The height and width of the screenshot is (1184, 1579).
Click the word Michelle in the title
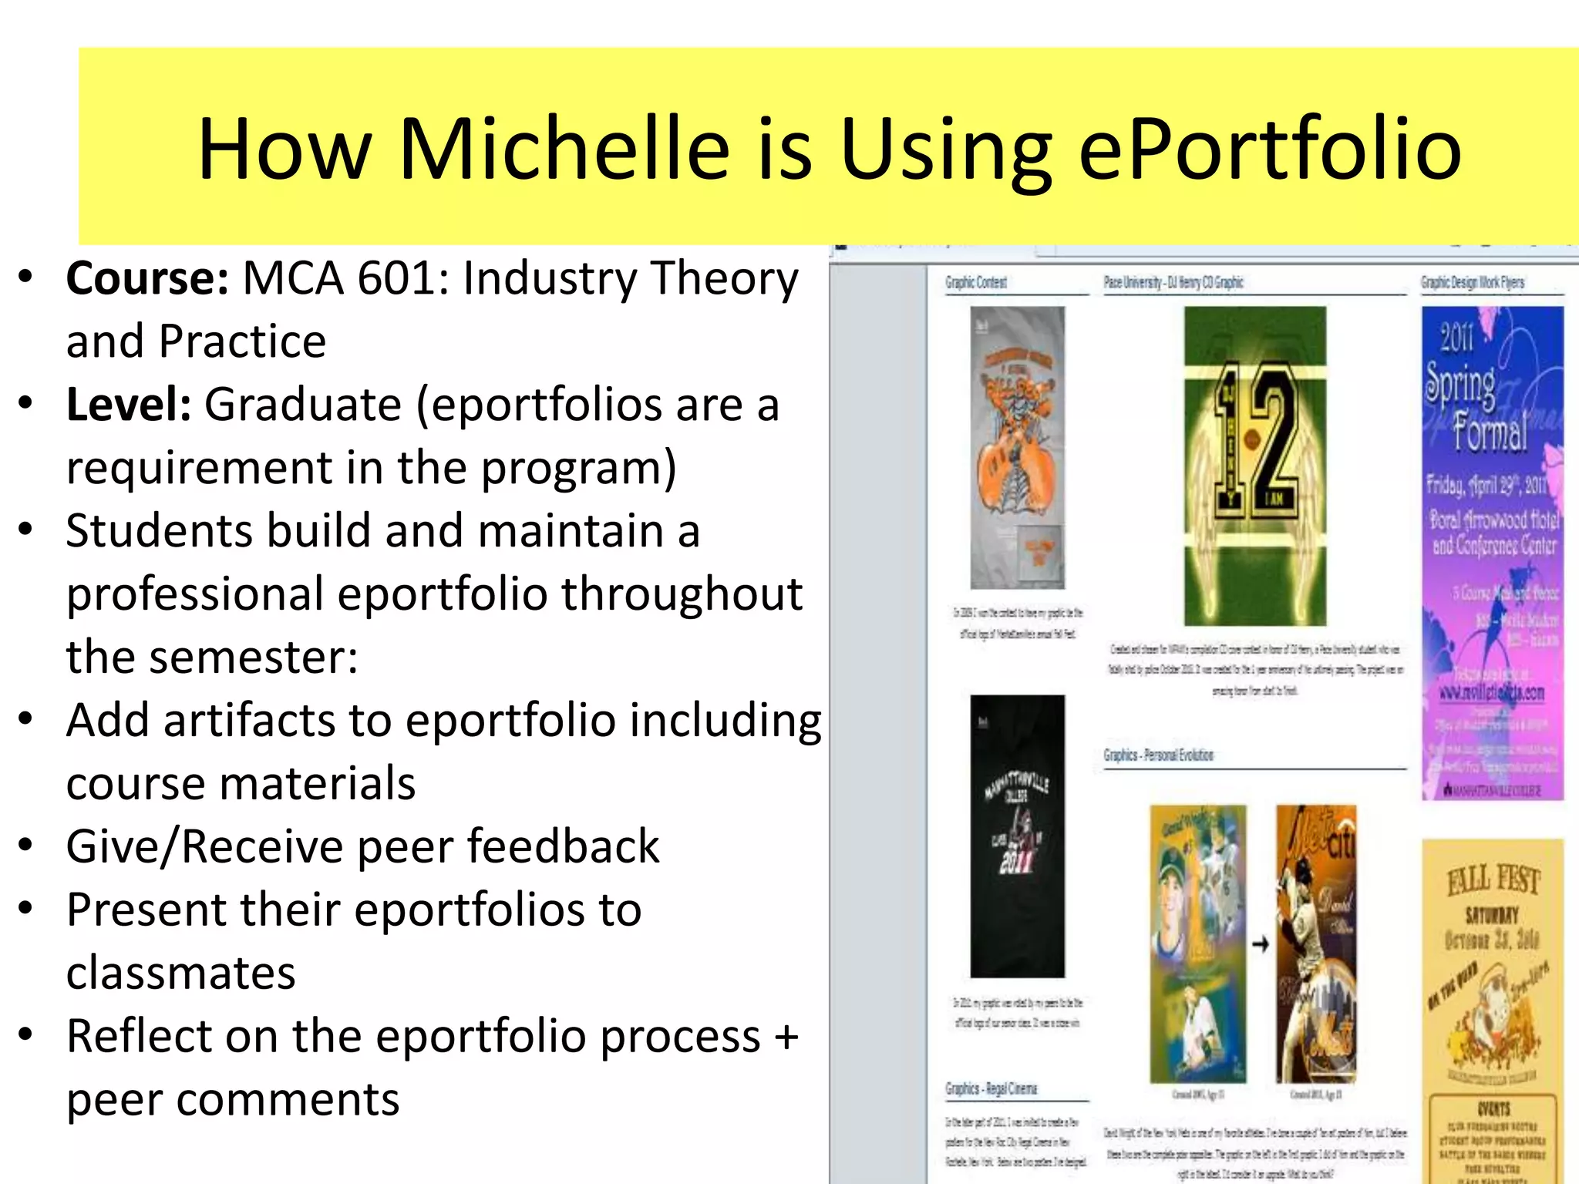coord(564,148)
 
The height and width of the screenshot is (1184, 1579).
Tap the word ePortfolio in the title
coord(1269,148)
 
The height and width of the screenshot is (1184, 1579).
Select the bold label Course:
coord(147,278)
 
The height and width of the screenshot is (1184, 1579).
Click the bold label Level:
coord(129,405)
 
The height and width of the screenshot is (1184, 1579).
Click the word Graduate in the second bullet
coord(302,405)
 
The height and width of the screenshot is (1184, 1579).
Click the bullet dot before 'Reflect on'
coord(26,1034)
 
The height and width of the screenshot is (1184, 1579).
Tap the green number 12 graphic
coord(1255,466)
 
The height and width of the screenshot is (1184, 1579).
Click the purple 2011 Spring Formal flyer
coord(1492,552)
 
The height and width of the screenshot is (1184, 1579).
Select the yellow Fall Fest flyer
coord(1492,1010)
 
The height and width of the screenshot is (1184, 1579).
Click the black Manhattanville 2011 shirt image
coord(1017,836)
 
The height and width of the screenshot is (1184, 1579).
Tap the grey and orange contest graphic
coord(1017,447)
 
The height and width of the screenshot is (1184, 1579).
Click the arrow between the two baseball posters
coord(1260,943)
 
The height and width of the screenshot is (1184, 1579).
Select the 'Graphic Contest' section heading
coord(976,283)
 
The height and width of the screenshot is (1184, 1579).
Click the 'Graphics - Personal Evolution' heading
coord(1158,755)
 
